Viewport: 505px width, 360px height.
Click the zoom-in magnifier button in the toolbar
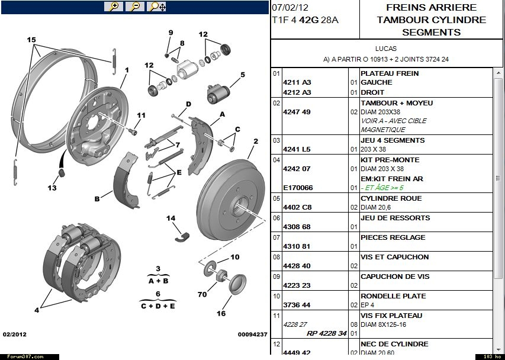(x=113, y=7)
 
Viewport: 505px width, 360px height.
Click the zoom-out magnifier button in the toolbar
(x=135, y=7)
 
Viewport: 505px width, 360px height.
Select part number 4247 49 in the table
(x=297, y=112)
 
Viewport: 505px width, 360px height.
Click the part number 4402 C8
(x=297, y=207)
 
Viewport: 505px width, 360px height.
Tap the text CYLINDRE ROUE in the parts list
(x=391, y=198)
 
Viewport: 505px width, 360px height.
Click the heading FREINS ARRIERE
(x=431, y=8)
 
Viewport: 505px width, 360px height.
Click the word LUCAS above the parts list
(x=386, y=49)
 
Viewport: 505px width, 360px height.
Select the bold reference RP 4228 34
(x=326, y=333)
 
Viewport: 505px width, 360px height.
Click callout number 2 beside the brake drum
(x=256, y=142)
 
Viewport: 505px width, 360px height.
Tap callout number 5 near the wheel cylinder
(x=242, y=75)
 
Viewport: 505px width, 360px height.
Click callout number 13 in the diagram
(x=53, y=188)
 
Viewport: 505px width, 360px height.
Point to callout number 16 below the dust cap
(x=221, y=314)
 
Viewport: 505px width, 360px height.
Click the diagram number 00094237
(x=253, y=334)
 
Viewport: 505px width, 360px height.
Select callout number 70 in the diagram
(x=202, y=294)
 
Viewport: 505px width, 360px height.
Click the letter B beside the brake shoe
(x=97, y=199)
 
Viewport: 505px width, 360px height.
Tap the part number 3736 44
(x=297, y=305)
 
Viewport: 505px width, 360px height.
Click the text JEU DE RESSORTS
(x=395, y=218)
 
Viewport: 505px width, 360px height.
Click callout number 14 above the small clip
(x=171, y=218)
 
